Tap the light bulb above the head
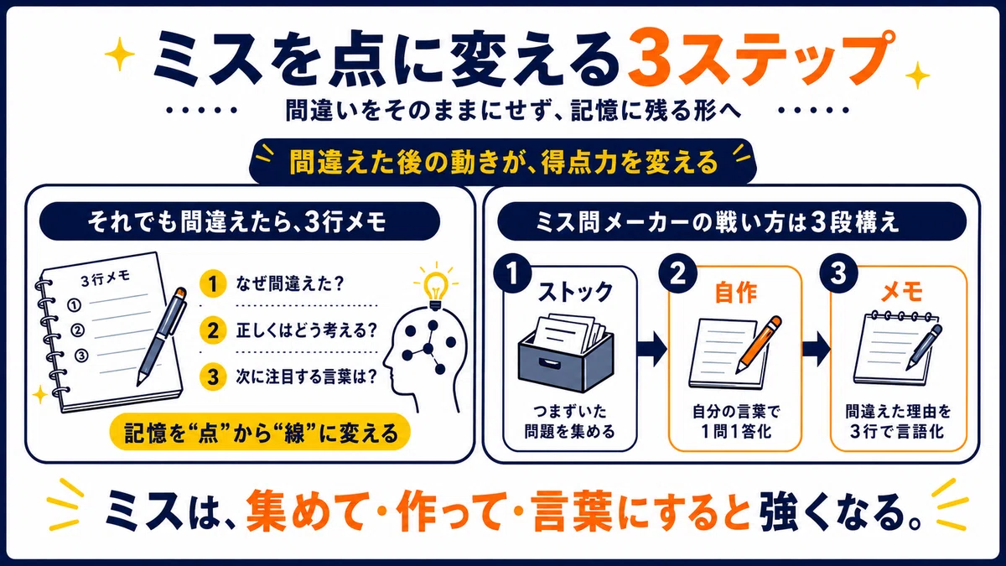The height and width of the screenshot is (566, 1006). [434, 287]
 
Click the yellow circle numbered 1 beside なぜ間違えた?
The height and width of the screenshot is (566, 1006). [213, 283]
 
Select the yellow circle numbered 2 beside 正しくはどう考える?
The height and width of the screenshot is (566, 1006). [213, 330]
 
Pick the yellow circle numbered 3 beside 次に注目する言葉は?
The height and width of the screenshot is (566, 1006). [213, 376]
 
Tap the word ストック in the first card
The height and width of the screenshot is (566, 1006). [575, 293]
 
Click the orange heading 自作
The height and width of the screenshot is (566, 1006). [736, 293]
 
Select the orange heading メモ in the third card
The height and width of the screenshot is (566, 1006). [901, 293]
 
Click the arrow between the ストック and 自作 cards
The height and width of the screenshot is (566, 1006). [651, 349]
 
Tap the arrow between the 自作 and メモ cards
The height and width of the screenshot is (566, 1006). [816, 349]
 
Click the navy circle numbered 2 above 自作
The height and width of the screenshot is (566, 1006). [677, 273]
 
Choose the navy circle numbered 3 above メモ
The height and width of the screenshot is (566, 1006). [838, 273]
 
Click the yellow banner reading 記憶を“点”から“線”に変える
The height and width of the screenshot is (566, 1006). [260, 433]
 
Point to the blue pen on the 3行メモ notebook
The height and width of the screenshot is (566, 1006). [162, 336]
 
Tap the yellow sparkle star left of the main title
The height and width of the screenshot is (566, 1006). [119, 54]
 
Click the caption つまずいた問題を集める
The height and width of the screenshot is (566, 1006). [569, 421]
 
